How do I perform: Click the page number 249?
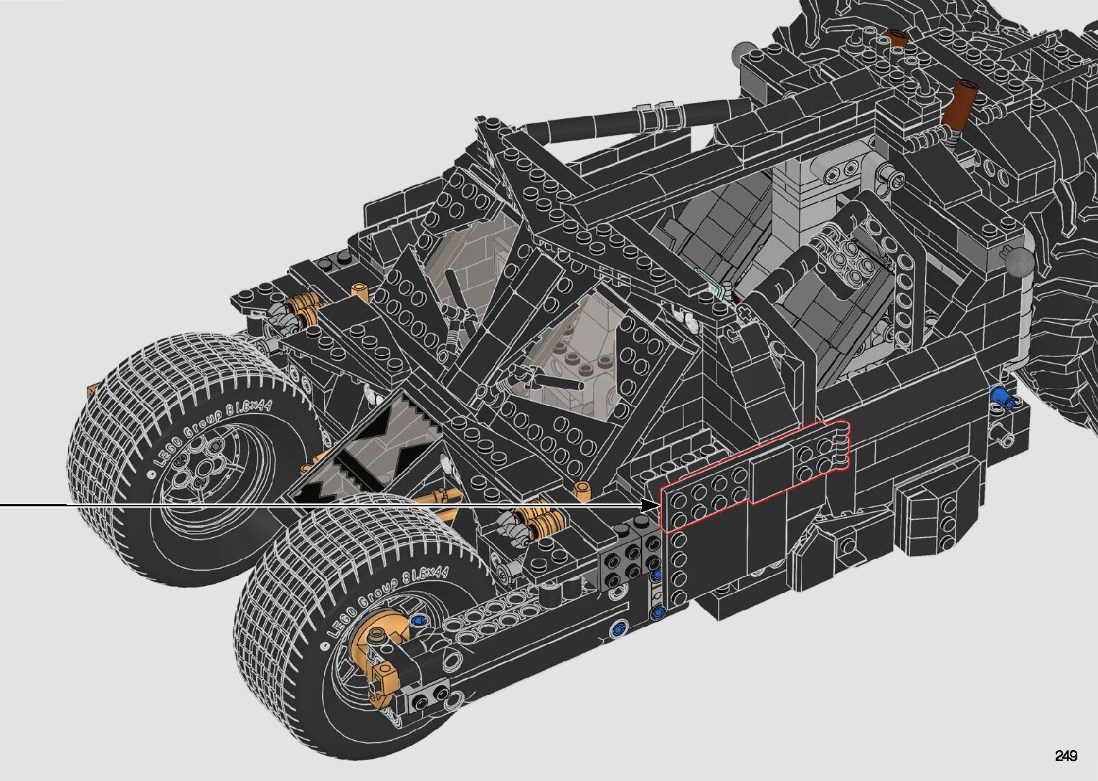point(1066,755)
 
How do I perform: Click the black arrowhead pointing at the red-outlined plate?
point(651,505)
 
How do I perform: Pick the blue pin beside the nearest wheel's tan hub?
point(417,621)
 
